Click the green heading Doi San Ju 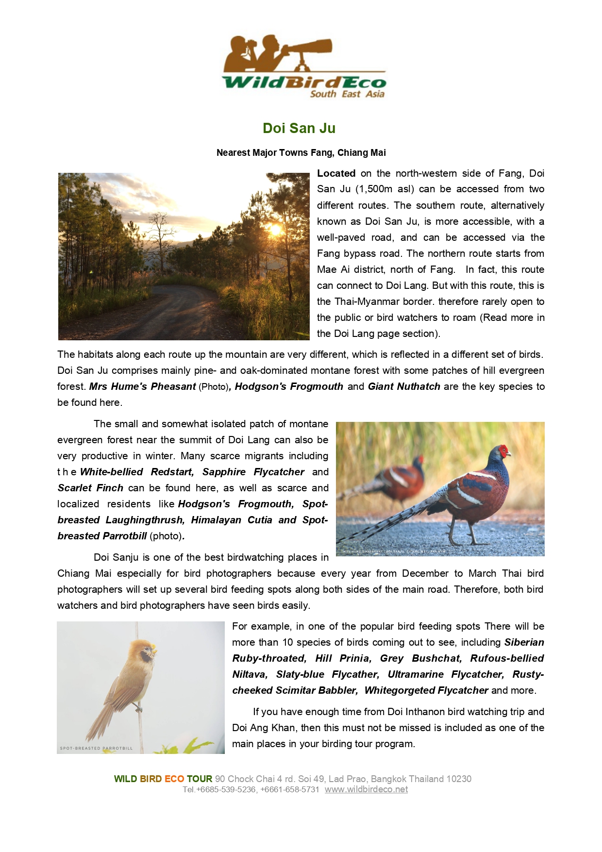(x=299, y=128)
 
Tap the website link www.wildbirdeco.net (x=366, y=789)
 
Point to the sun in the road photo (x=275, y=230)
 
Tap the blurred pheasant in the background (x=398, y=478)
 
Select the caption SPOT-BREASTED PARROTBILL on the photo (x=96, y=748)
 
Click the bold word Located (x=336, y=173)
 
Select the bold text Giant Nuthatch (x=404, y=386)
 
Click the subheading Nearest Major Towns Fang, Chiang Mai (x=301, y=152)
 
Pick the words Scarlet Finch (x=90, y=488)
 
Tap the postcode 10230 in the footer (x=459, y=779)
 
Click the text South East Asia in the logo (x=347, y=94)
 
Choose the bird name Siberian (x=524, y=642)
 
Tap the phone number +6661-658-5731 (x=290, y=789)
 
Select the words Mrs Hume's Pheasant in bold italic (x=143, y=386)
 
